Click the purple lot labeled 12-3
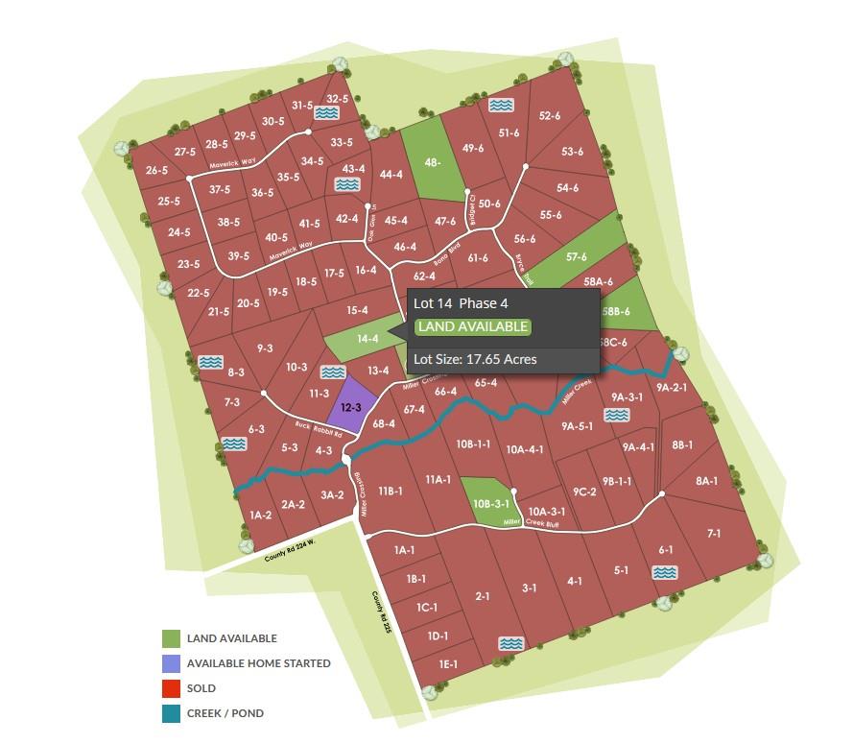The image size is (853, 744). (351, 407)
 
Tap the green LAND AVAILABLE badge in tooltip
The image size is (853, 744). (472, 326)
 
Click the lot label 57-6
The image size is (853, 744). (577, 256)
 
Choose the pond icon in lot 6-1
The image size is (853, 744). (665, 572)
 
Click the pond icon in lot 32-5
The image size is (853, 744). (327, 113)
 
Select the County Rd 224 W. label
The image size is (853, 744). (289, 550)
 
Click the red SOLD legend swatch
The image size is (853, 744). (171, 688)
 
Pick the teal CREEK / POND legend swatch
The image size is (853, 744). (171, 713)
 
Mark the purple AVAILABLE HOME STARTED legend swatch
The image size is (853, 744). (171, 663)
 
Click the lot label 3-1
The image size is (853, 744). (529, 588)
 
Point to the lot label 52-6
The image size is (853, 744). (550, 115)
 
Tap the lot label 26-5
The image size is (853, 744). (157, 170)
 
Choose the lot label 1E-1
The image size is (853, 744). (447, 663)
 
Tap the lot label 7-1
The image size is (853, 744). (714, 533)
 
